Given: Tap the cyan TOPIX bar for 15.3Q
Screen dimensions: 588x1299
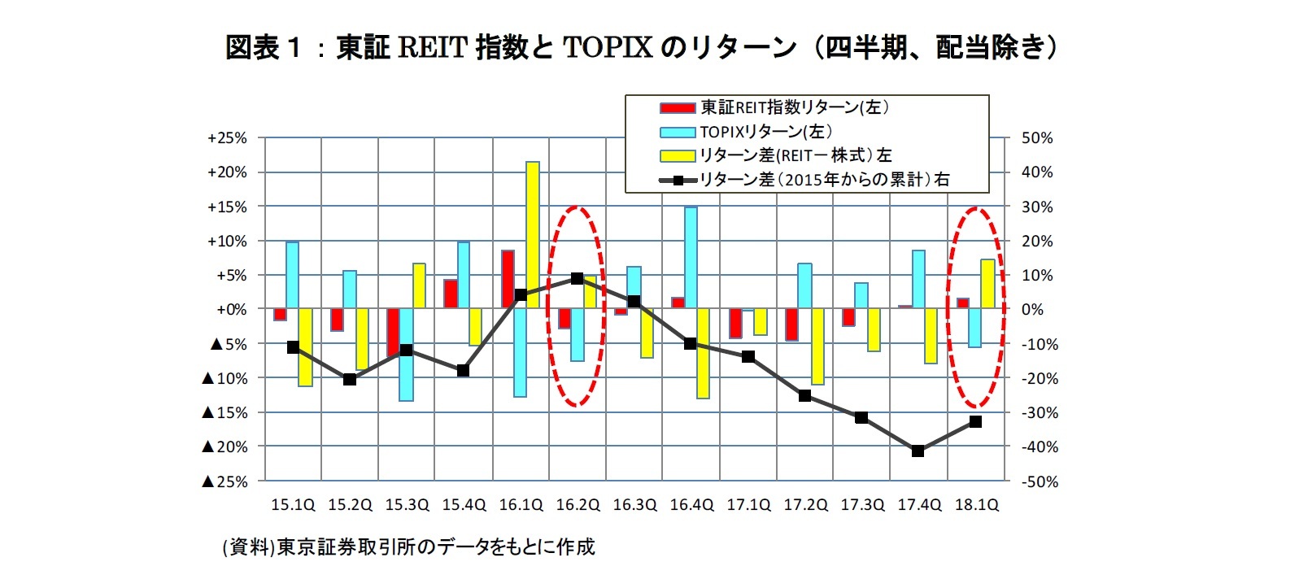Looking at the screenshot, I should pos(406,355).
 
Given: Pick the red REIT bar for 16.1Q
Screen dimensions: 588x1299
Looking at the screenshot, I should pos(508,279).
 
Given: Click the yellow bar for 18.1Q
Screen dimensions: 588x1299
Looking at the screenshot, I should pos(987,284).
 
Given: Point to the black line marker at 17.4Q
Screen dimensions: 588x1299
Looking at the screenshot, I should pos(918,451).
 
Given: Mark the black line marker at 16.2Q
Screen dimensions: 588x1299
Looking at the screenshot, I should pos(577,278).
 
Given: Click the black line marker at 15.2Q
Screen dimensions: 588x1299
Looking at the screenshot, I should pos(350,379).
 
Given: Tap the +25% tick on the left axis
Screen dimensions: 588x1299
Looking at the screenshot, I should pos(227,138).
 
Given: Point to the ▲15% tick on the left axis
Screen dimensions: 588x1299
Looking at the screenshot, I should pos(224,412).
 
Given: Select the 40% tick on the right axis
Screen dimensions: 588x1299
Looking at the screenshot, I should pos(1037,172).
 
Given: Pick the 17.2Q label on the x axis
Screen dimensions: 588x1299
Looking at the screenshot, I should pos(805,505).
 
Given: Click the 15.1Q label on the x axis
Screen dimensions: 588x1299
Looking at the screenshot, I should pos(293,505).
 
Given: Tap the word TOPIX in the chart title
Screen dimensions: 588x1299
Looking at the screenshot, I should pos(608,48).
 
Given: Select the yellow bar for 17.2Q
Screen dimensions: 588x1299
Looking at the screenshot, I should pos(817,346).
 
